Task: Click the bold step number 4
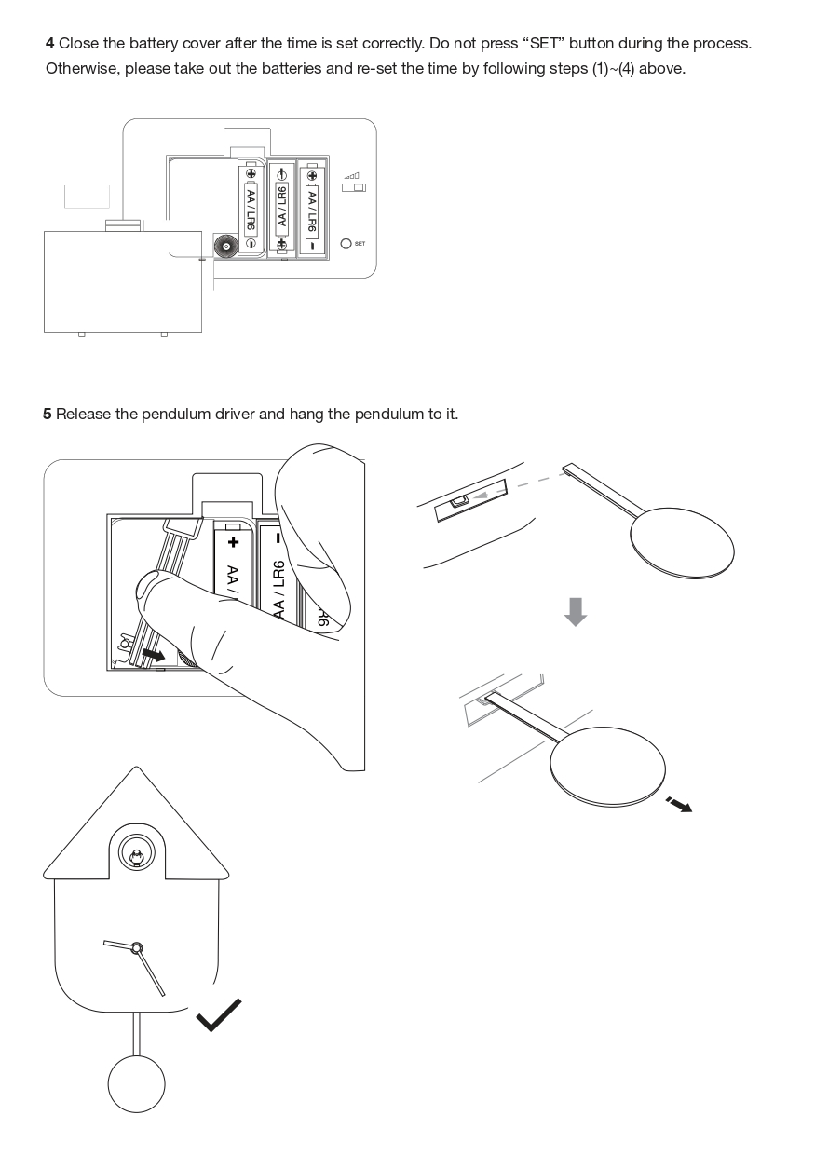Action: point(49,44)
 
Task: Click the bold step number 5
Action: point(47,414)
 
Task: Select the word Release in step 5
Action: point(83,414)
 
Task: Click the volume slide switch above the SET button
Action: point(354,187)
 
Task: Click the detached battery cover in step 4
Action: point(123,281)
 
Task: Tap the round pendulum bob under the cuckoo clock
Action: point(136,1083)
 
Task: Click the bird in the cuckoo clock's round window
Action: point(136,858)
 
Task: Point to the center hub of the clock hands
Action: point(136,948)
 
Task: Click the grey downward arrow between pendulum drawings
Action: point(576,612)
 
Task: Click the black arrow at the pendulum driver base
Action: point(154,655)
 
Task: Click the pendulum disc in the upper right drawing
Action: point(682,542)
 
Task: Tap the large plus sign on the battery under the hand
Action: point(233,542)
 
